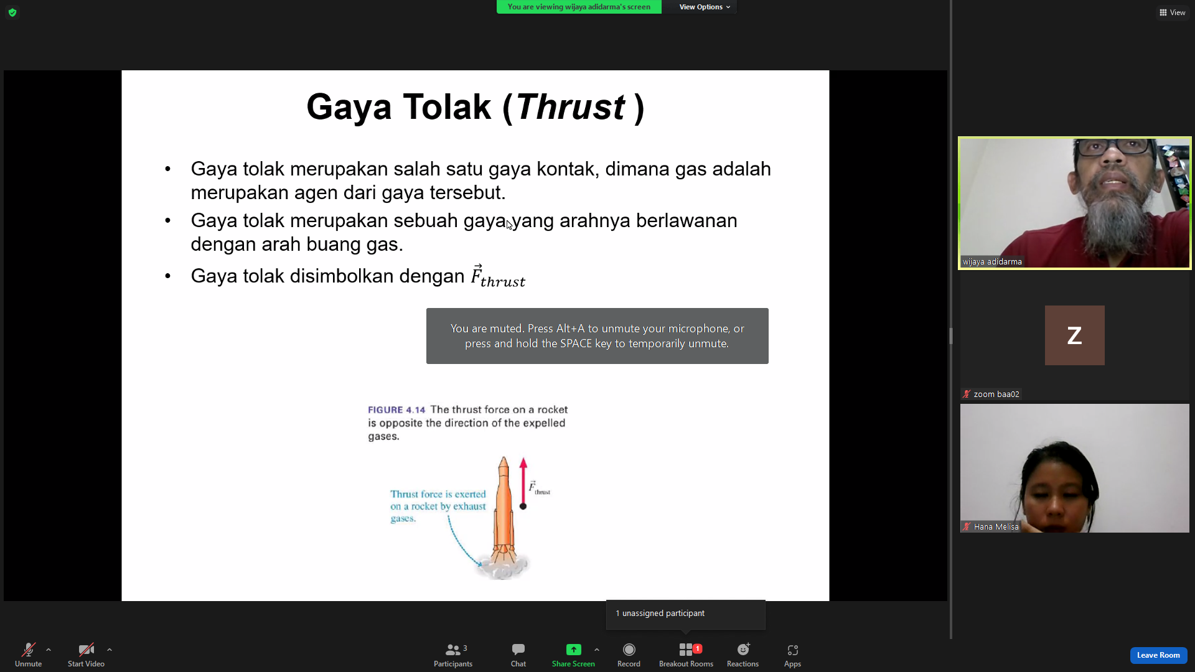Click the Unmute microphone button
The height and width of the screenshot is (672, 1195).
point(28,655)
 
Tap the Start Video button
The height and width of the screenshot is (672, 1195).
point(86,655)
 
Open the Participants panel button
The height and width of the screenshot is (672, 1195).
point(453,655)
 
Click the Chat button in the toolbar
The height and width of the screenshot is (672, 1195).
point(518,655)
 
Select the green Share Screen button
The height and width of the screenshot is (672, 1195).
point(573,655)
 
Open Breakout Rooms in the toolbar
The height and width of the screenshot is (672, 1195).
point(686,655)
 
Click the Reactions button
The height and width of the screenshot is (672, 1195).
point(743,655)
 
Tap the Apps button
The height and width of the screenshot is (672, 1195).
point(792,655)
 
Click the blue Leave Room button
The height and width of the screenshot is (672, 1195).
point(1158,655)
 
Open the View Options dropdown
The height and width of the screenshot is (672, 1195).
point(705,7)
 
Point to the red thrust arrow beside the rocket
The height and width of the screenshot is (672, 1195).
point(523,483)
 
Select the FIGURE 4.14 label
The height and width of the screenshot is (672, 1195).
point(396,410)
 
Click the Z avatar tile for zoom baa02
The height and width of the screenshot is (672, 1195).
point(1074,335)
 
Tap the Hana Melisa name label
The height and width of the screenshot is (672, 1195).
point(996,527)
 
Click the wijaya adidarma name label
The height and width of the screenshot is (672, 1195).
point(992,262)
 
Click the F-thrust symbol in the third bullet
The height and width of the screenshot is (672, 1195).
point(498,276)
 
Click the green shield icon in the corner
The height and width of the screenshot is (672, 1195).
point(12,12)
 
